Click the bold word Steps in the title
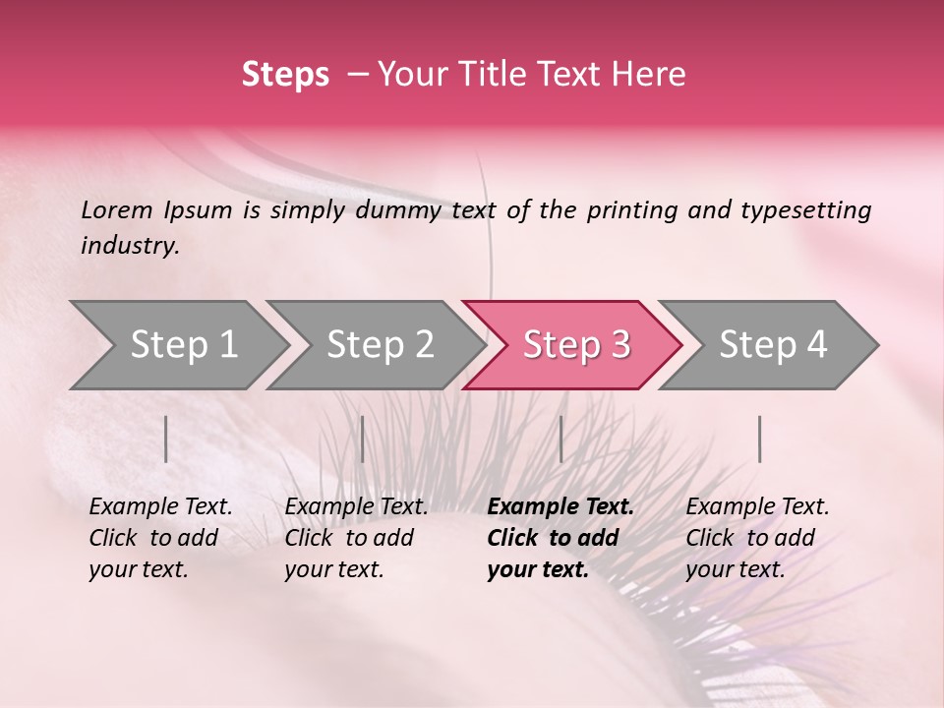[x=285, y=75]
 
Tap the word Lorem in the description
[x=117, y=210]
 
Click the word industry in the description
[x=129, y=246]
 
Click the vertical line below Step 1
[x=166, y=439]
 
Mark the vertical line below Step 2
[x=363, y=439]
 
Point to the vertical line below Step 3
[x=560, y=439]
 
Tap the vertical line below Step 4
[x=759, y=439]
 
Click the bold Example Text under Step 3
[x=560, y=507]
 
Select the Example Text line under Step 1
[x=160, y=507]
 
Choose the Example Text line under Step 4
[x=757, y=507]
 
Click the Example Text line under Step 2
[x=356, y=507]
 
